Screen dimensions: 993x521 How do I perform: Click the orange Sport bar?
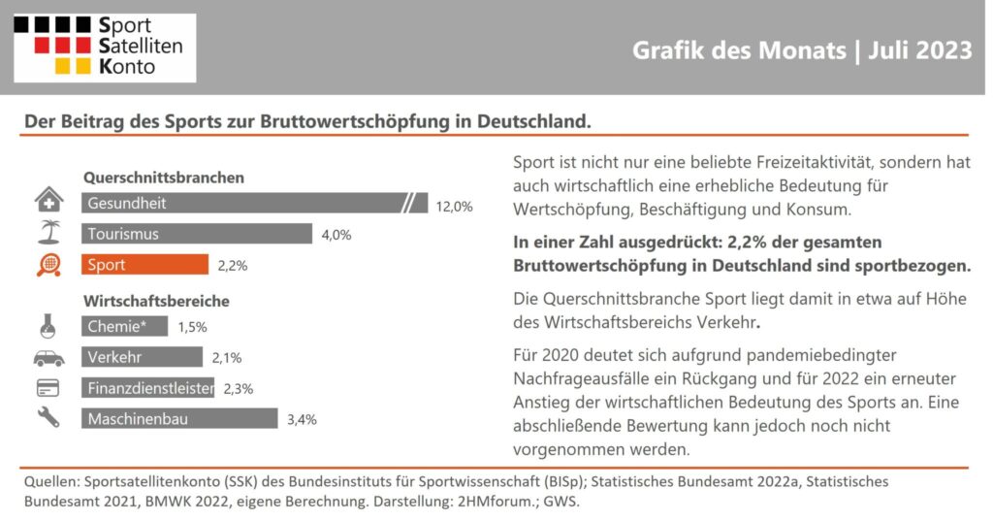point(144,264)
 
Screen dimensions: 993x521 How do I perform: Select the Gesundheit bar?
point(254,203)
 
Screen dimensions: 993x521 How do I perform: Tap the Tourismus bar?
point(196,233)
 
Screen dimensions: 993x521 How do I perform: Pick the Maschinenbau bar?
point(179,418)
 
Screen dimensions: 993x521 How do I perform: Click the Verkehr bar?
point(142,357)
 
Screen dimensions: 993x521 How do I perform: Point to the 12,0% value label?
point(454,207)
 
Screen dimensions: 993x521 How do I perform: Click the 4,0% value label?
point(336,235)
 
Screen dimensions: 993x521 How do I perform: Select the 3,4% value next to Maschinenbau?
point(302,419)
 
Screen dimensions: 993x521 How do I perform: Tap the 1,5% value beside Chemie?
point(193,327)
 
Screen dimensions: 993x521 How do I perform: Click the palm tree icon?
point(49,232)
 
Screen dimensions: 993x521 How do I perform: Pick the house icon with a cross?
point(48,199)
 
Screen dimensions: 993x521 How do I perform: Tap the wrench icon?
point(48,417)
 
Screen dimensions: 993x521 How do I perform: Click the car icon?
point(48,359)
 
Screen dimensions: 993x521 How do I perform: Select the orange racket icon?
point(48,265)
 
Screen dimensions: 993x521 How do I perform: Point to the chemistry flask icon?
point(48,326)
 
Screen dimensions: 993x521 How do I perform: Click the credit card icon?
point(48,388)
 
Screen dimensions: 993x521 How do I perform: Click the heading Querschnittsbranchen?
point(164,178)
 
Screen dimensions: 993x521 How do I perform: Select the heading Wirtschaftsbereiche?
point(156,301)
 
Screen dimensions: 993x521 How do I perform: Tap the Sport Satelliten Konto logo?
point(105,48)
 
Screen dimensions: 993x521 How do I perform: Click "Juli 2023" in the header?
point(919,50)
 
